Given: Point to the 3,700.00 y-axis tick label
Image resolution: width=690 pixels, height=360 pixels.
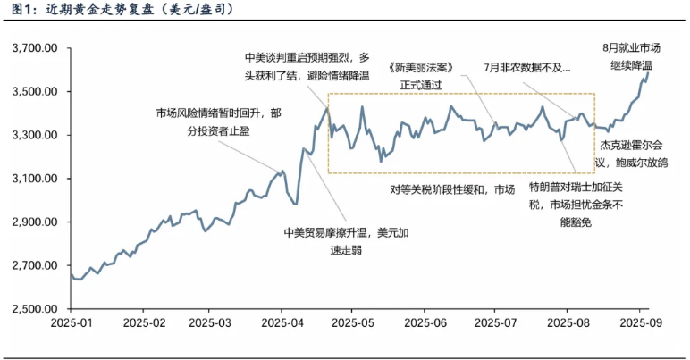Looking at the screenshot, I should [33, 48].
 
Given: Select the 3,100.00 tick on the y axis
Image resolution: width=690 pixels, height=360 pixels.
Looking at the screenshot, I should [33, 179].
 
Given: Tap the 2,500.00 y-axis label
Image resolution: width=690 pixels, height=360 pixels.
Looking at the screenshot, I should [33, 309].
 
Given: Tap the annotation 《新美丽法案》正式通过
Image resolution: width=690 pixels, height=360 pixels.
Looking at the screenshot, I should [424, 74].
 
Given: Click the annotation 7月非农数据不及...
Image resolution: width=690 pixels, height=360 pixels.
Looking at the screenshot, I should [526, 66].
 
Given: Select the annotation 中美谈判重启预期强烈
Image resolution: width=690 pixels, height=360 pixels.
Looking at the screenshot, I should [307, 66].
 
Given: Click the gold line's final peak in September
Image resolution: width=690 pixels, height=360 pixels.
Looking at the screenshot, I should [648, 72].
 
